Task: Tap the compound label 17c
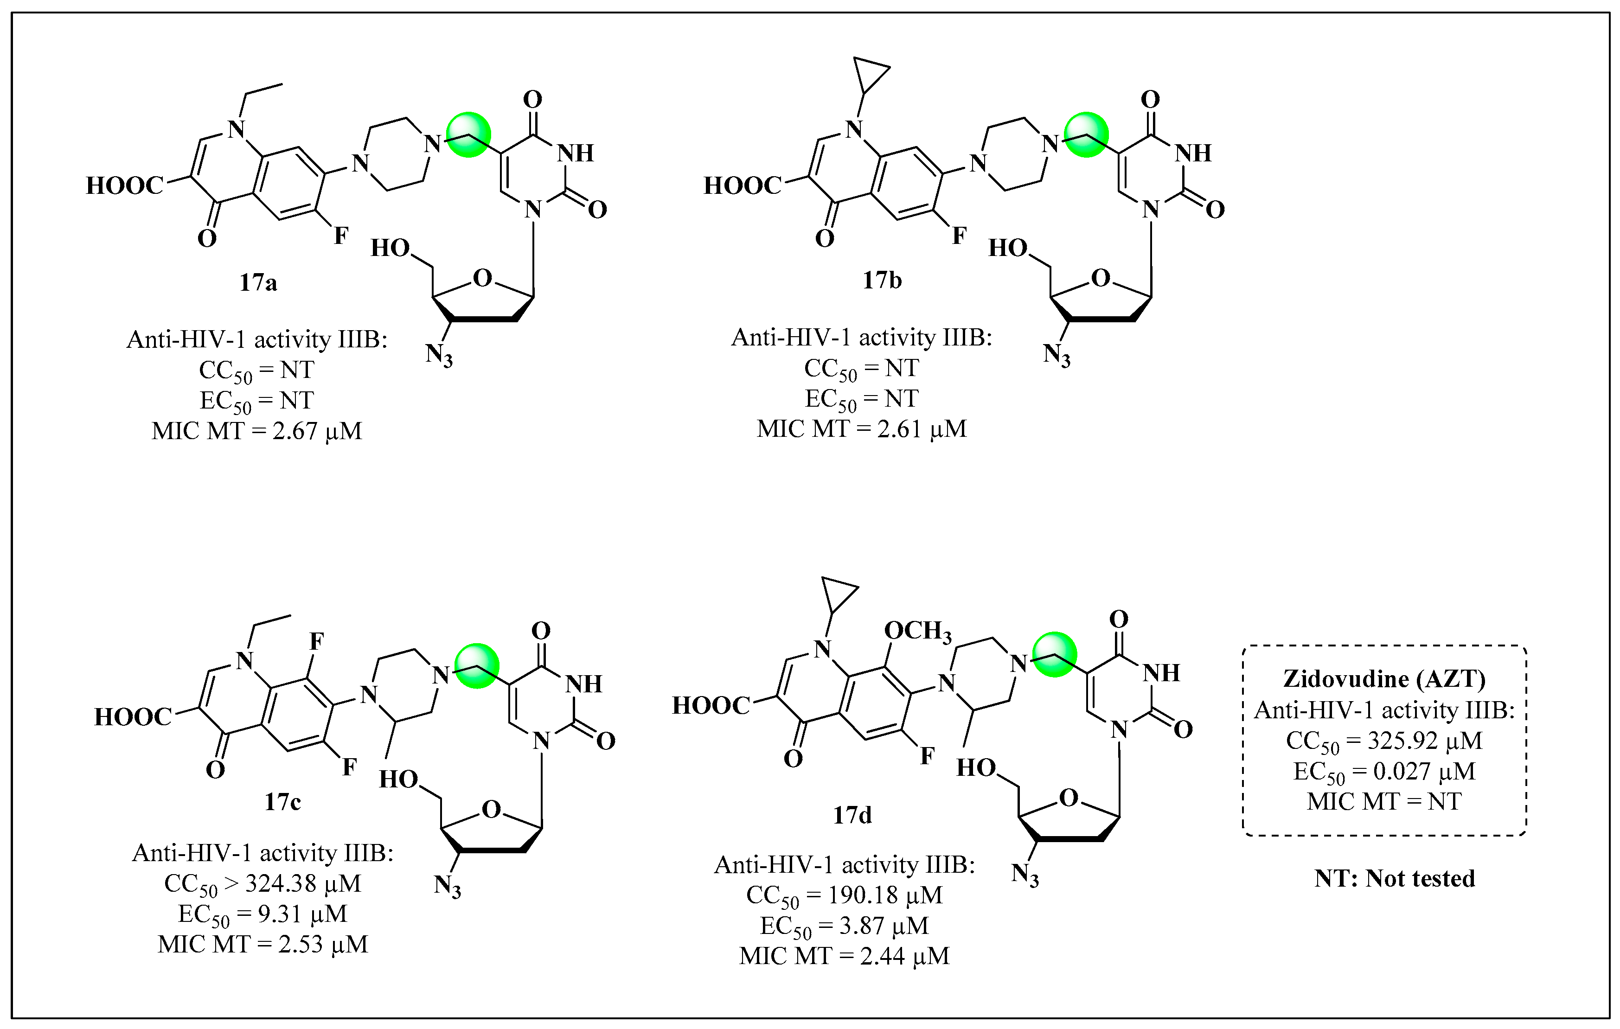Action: [x=282, y=802]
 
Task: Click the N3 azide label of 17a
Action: [x=439, y=354]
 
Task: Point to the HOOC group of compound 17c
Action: [x=133, y=717]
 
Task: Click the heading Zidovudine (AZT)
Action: [x=1384, y=678]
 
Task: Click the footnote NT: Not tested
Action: [x=1395, y=878]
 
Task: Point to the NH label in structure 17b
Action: [x=1193, y=153]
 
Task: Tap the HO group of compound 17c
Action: [x=398, y=780]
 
